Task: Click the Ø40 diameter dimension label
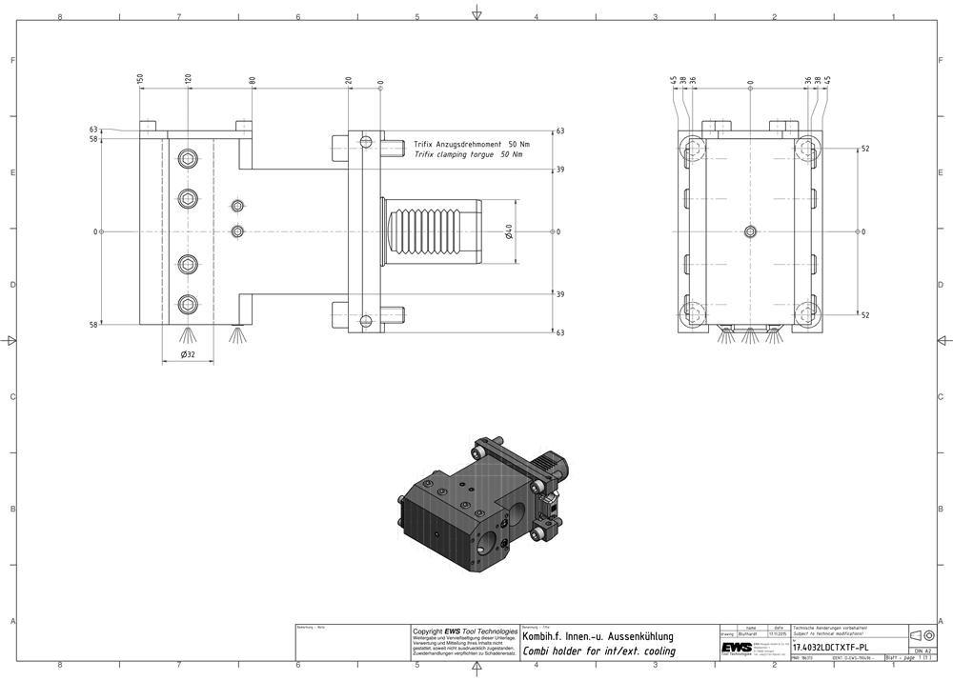[x=510, y=231]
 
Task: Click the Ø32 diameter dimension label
[x=187, y=355]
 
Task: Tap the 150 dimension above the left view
[x=140, y=78]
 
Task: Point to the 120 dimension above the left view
[x=188, y=78]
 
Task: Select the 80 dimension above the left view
[x=253, y=80]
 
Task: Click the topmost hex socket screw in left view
[x=189, y=159]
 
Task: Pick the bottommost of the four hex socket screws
[x=189, y=305]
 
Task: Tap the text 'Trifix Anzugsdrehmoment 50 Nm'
[x=471, y=142]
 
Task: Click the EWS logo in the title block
[x=736, y=647]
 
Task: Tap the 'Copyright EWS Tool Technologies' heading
[x=464, y=631]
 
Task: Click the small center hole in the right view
[x=750, y=231]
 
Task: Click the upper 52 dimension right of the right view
[x=865, y=150]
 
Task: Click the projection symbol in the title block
[x=923, y=635]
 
